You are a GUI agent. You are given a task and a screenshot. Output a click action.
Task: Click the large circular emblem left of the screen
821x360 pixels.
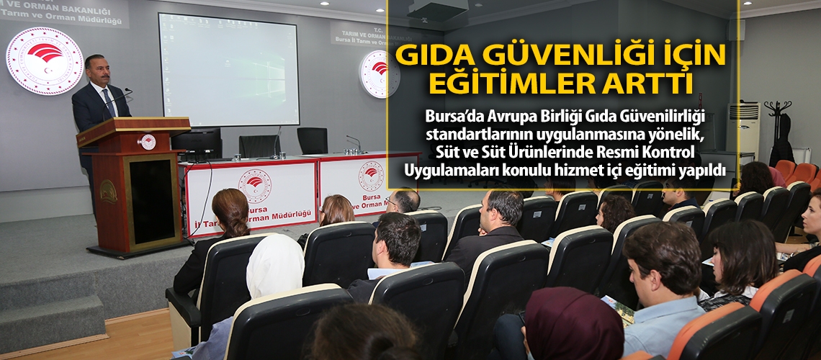tap(45, 60)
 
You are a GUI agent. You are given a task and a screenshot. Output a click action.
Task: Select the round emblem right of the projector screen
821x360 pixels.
tap(379, 74)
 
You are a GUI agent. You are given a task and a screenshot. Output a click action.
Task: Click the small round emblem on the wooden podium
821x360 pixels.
tap(148, 142)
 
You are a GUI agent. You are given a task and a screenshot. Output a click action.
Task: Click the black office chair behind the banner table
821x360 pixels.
tap(312, 140)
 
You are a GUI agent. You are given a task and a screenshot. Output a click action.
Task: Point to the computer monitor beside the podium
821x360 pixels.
tap(197, 143)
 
